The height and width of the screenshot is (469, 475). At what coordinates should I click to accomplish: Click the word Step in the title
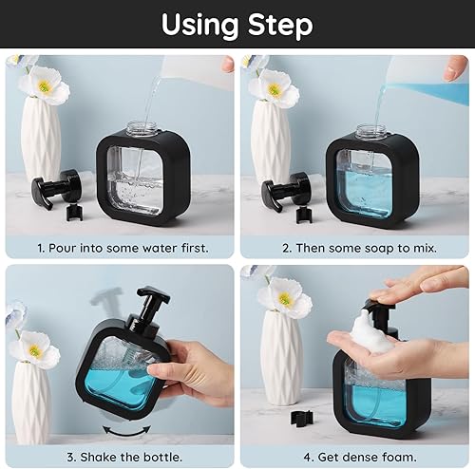280,26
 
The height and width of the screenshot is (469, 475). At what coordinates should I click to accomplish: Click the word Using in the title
199,26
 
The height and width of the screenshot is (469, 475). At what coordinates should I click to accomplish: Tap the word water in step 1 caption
160,248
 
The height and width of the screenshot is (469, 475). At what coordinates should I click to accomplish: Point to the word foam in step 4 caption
399,458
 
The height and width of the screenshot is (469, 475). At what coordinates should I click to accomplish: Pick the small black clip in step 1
74,213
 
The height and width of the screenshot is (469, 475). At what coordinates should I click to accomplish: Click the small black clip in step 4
302,418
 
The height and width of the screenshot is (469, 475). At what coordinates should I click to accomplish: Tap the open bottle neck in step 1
142,127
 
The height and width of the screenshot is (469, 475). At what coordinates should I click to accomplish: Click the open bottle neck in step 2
371,130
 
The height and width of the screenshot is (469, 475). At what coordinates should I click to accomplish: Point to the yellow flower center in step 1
44,85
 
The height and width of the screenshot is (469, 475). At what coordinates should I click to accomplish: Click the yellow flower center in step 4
285,298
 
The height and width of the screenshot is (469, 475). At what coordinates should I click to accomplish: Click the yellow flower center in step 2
275,89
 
